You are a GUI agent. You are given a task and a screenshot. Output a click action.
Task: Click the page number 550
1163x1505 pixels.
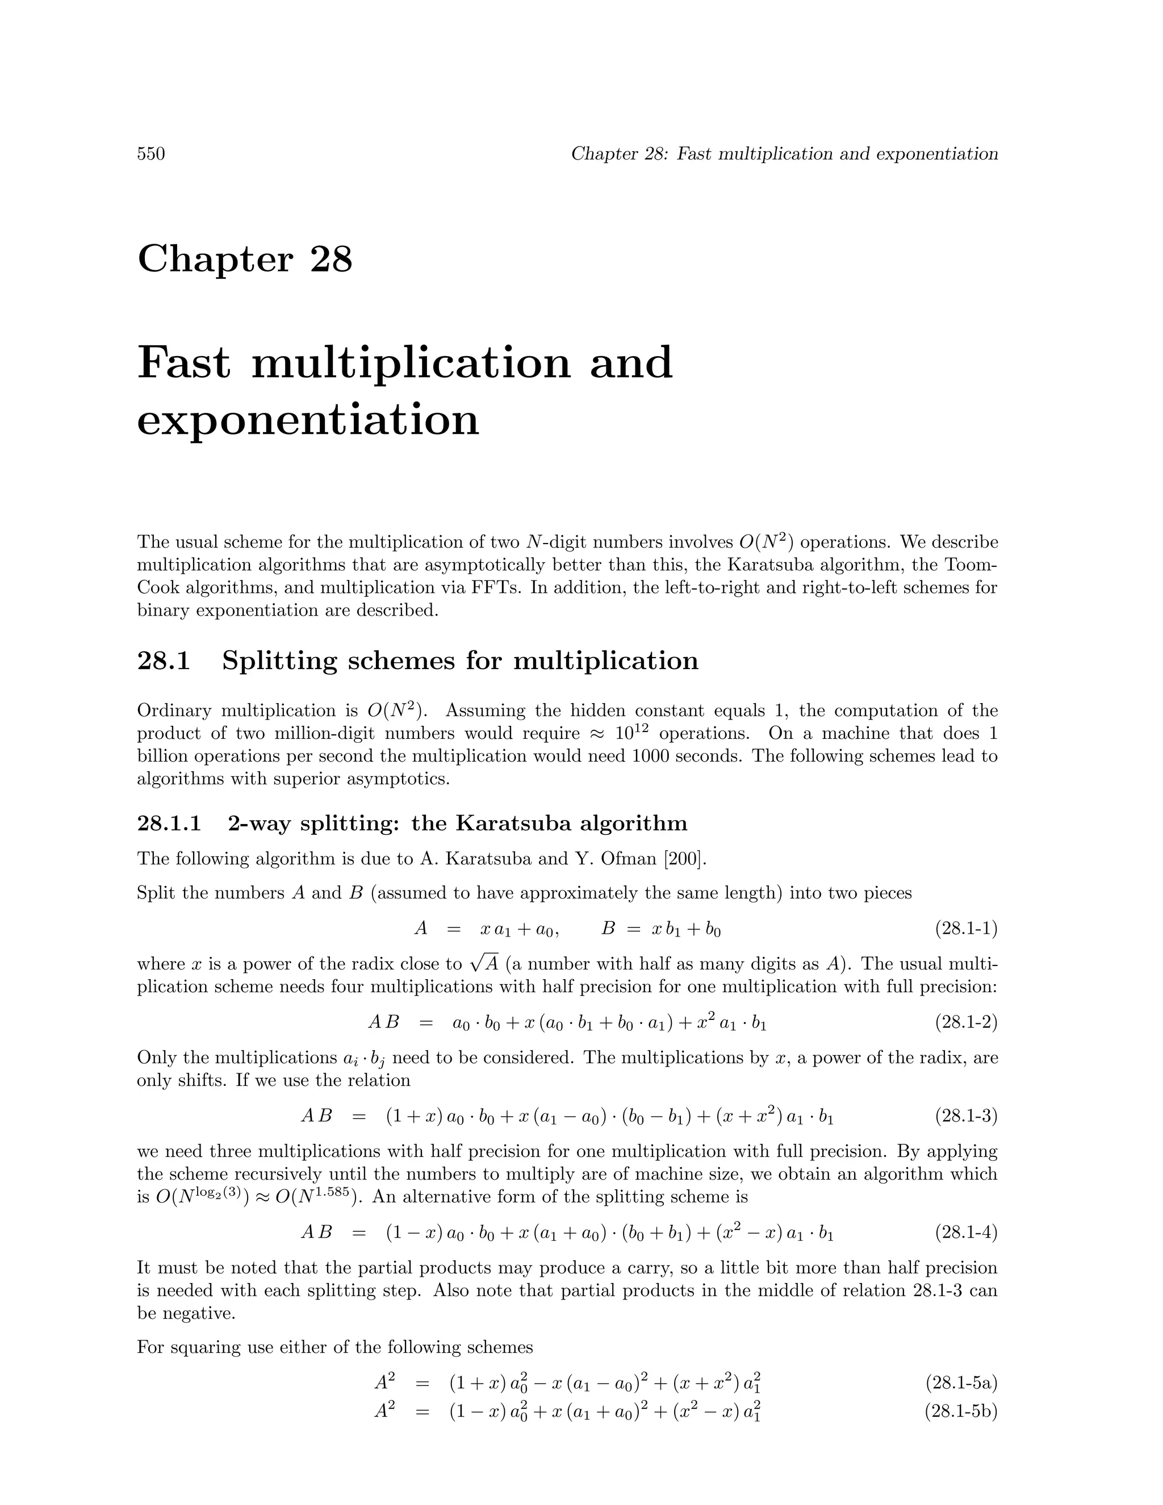point(151,154)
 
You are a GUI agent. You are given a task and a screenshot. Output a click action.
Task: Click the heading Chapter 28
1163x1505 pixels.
point(245,259)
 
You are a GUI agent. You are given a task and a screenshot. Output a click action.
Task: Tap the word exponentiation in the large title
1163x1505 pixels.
point(308,420)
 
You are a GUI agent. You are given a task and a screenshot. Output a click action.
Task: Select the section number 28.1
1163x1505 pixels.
point(164,661)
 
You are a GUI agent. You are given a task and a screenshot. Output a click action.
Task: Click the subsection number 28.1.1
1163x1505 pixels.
point(169,823)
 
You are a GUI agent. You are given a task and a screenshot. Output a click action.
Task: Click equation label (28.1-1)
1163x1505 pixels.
point(966,929)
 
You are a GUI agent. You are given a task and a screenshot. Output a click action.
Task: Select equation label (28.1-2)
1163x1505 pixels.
point(966,1023)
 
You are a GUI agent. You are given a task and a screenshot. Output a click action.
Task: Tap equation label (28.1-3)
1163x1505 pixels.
point(966,1117)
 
